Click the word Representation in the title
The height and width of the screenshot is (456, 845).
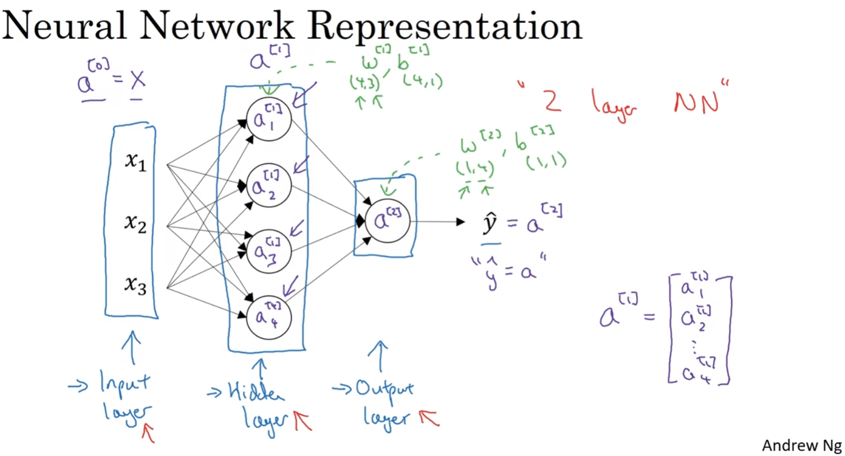click(445, 26)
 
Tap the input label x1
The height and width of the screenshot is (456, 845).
click(135, 161)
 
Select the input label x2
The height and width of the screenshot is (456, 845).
click(135, 222)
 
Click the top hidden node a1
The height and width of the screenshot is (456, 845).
click(269, 119)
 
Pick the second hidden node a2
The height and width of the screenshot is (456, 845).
click(269, 186)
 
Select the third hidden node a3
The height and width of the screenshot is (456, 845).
click(269, 251)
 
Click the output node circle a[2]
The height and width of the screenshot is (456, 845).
click(387, 221)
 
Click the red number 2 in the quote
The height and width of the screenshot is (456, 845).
click(552, 100)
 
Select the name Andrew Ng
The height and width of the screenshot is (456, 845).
click(801, 445)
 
